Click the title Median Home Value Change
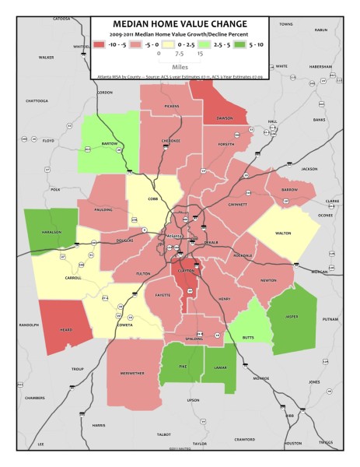tap(180, 23)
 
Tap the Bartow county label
tap(108, 144)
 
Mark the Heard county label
tap(66, 330)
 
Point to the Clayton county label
tap(185, 270)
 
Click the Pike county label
tap(183, 364)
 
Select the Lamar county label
tap(219, 364)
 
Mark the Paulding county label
tap(114, 209)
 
